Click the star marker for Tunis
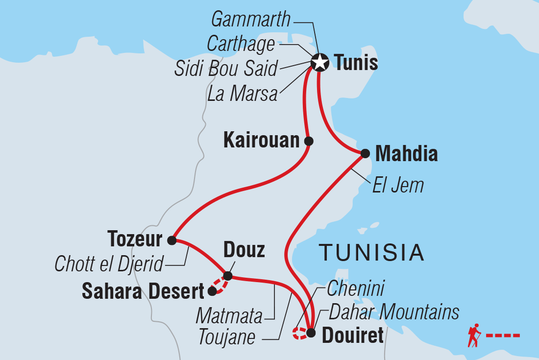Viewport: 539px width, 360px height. coord(319,63)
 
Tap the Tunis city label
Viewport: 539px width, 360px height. coord(355,63)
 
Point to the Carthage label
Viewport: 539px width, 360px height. coord(241,44)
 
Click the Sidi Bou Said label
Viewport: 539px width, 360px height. coord(226,69)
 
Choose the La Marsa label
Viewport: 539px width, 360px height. coord(243,94)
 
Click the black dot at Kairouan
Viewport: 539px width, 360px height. coord(308,141)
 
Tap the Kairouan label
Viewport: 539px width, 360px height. coord(261,141)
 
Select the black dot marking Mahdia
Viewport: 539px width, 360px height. coord(365,153)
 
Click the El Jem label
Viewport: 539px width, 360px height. coord(397,185)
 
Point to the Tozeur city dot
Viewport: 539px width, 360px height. coord(171,240)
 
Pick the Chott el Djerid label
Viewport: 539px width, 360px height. coord(109,265)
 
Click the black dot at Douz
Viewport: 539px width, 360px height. coord(228,276)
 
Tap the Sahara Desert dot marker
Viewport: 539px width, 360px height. coord(212,292)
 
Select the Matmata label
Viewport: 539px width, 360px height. coord(229,316)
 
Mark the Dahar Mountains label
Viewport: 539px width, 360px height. coord(394,312)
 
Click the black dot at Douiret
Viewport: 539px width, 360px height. coord(311,334)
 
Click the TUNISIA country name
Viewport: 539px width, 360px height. coord(371,253)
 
